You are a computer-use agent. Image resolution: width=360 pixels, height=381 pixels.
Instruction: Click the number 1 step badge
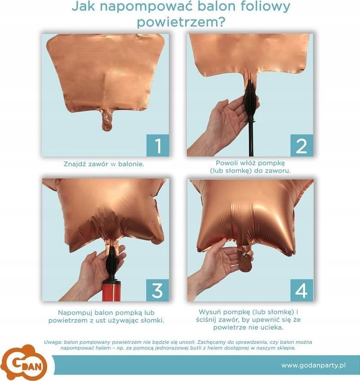tap(158, 145)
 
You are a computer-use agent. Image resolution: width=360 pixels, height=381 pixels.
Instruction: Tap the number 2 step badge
tap(302, 145)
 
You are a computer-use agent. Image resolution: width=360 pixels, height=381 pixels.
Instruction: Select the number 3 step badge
tap(157, 290)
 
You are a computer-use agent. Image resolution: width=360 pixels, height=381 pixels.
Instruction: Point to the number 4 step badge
tap(302, 290)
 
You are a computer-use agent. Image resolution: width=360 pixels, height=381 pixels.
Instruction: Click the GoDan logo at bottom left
tap(26, 363)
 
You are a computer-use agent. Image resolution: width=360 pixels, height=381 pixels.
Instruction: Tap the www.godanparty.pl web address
tap(313, 365)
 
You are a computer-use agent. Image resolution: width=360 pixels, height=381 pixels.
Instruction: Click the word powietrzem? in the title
tap(181, 23)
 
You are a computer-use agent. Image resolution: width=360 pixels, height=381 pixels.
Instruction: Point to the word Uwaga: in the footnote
tap(52, 342)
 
